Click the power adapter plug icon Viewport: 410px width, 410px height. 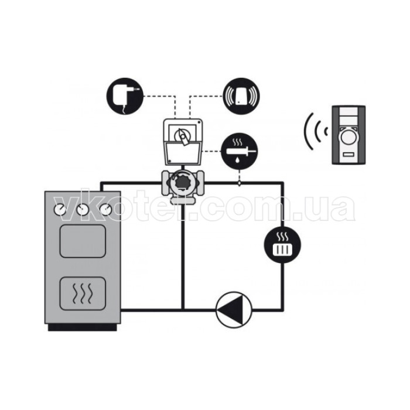coord(125,96)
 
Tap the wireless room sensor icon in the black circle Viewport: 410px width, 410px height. coord(241,96)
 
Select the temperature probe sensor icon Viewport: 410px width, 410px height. coord(240,151)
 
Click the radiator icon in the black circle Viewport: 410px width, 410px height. coord(283,245)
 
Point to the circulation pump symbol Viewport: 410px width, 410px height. coord(234,310)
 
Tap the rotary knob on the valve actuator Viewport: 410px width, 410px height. coord(182,136)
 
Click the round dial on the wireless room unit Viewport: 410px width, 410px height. coord(348,138)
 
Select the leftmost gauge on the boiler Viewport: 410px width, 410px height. coord(60,210)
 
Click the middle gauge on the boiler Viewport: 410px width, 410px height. coord(83,210)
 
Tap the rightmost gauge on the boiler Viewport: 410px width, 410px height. coord(105,210)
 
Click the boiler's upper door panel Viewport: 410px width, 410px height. coord(83,241)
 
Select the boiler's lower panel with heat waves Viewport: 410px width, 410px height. coord(83,293)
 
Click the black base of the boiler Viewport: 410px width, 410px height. coord(83,327)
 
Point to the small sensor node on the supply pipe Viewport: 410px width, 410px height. coord(239,184)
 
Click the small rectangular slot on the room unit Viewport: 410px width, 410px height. coord(348,155)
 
